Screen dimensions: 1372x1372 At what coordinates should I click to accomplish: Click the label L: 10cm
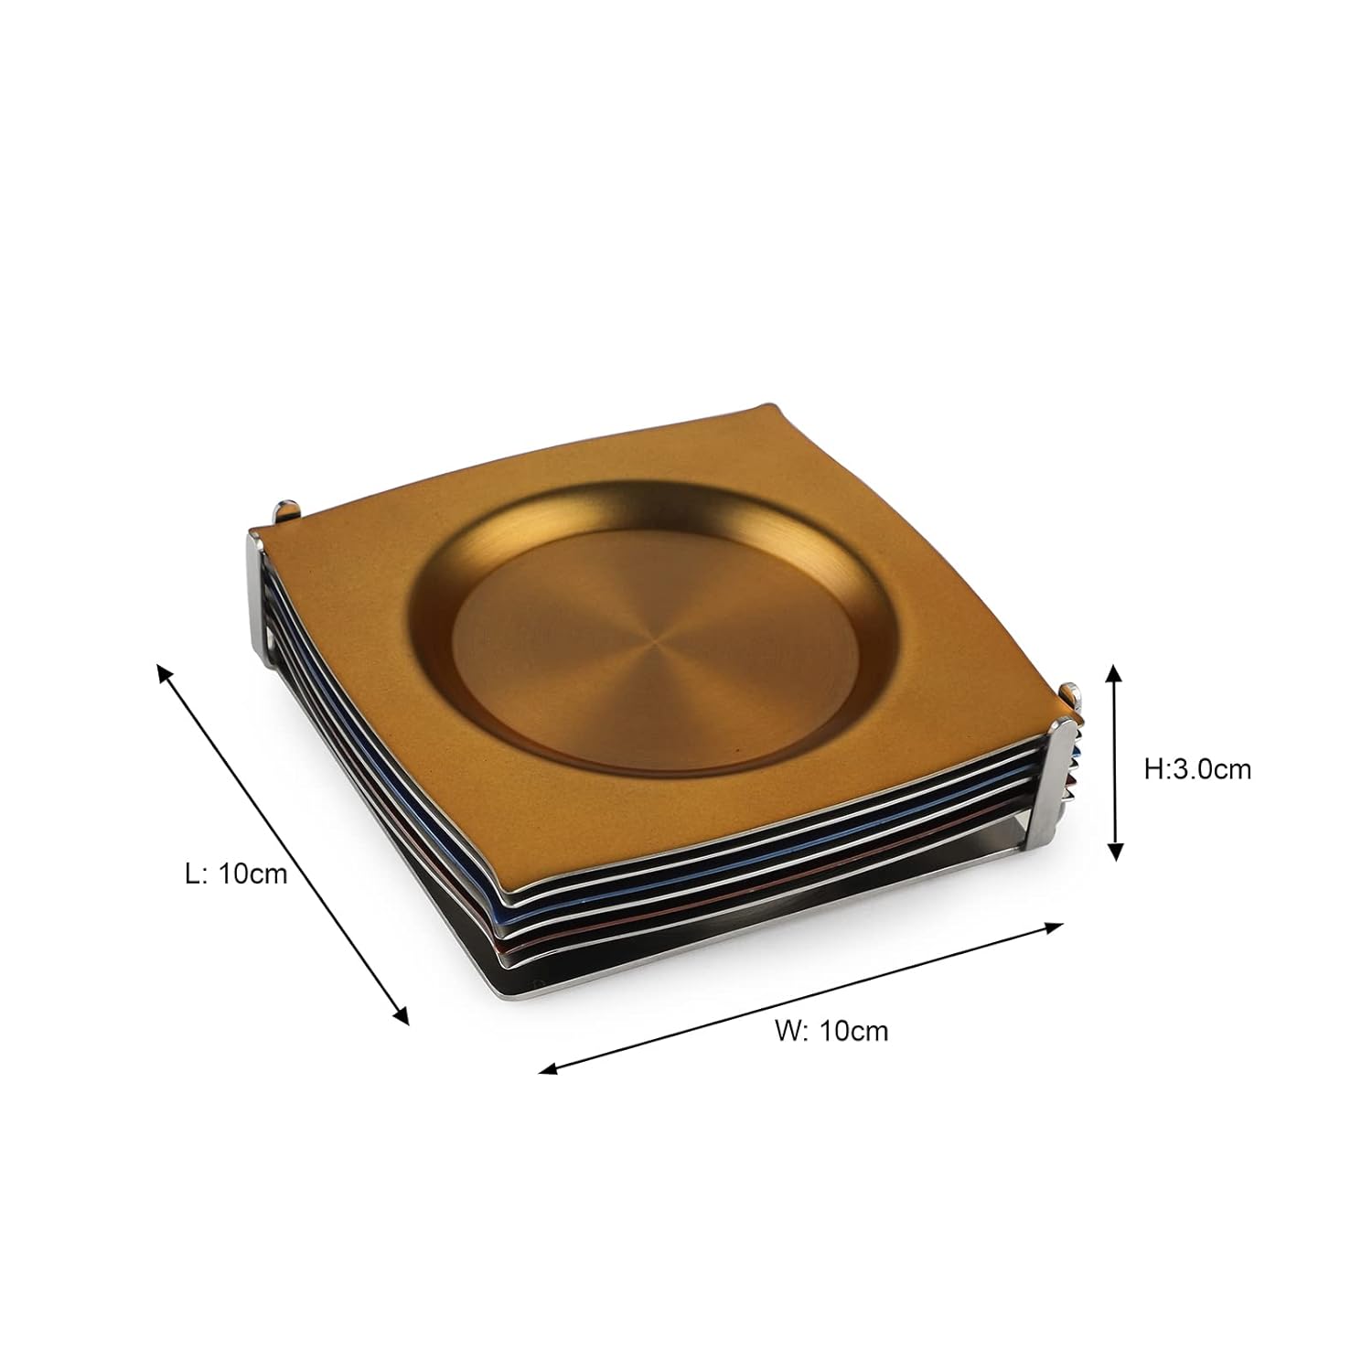[x=235, y=874]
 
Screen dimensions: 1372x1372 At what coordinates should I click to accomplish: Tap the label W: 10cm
[x=831, y=1030]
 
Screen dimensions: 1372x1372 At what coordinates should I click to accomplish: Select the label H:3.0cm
[x=1197, y=769]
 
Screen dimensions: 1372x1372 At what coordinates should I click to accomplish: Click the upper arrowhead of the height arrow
[x=1114, y=675]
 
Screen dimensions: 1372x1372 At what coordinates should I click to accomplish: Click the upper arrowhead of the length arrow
[x=165, y=675]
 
